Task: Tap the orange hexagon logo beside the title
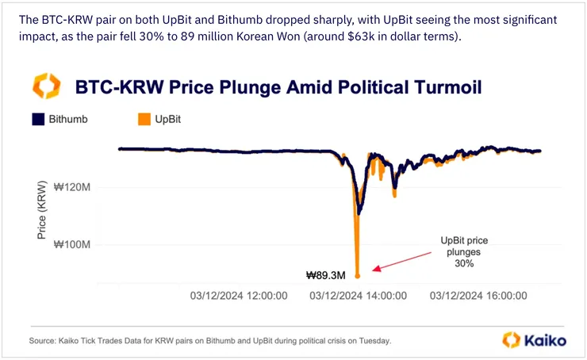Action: click(x=45, y=86)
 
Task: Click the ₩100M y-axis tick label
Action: click(x=73, y=244)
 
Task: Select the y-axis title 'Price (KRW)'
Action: click(x=41, y=216)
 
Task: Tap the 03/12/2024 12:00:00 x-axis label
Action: click(x=239, y=296)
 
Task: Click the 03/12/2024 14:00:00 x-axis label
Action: click(x=359, y=296)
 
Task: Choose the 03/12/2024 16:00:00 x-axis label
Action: click(x=478, y=296)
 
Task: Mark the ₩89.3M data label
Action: click(x=326, y=276)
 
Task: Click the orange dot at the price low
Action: click(x=357, y=276)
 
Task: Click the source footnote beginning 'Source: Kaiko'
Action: click(x=210, y=340)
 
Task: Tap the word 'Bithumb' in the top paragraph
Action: click(x=204, y=18)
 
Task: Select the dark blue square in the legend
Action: click(x=36, y=120)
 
